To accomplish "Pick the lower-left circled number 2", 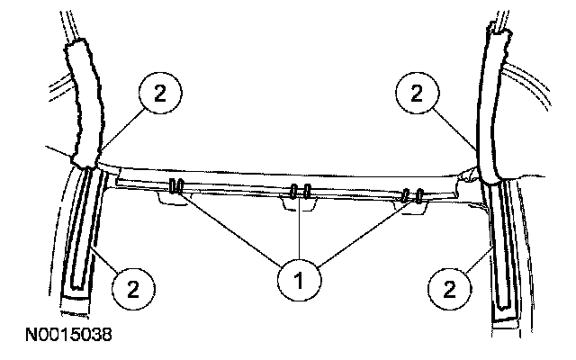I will coord(132,289).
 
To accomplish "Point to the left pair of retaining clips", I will coord(176,187).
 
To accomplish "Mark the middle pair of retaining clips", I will coord(301,192).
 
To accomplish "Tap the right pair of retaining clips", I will coord(414,194).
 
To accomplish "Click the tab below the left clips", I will coord(173,203).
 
